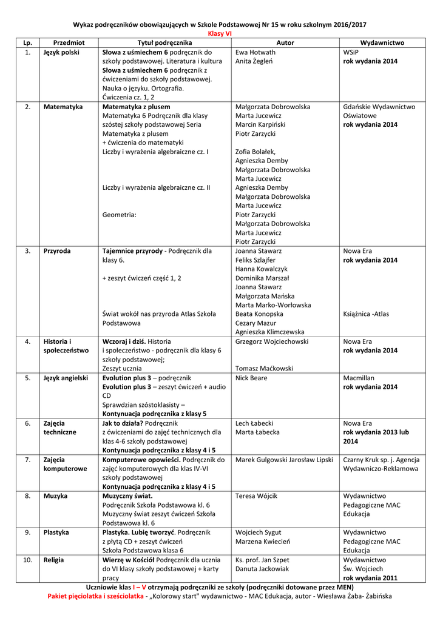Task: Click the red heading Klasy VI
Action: coord(220,34)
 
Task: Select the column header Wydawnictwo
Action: coord(382,43)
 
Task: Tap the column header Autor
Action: coord(285,43)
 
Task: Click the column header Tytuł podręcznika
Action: coord(164,43)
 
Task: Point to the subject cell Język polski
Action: coord(61,52)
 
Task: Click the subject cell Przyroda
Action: coord(57,250)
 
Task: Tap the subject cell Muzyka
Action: coord(56,496)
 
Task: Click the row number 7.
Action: coord(27,460)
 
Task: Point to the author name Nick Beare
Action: coord(251,378)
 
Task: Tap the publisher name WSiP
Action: coord(351,52)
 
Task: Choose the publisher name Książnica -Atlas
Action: coord(366,314)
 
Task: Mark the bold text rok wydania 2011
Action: coord(370,578)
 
